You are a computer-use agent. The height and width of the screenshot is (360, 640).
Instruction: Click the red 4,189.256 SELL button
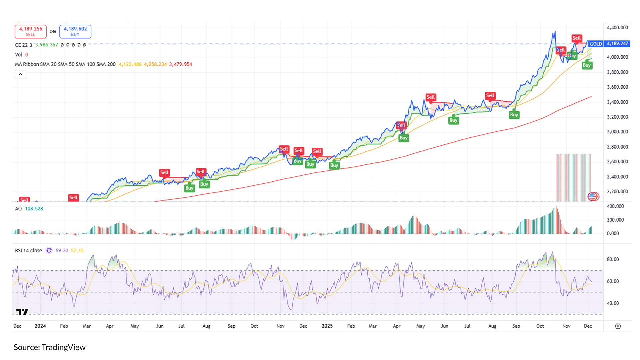[x=30, y=31]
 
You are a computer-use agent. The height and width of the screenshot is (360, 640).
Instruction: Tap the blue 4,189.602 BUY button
[x=75, y=31]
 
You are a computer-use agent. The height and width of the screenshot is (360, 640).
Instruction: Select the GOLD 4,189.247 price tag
[x=609, y=44]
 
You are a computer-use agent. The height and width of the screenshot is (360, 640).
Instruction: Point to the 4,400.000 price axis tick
[x=617, y=28]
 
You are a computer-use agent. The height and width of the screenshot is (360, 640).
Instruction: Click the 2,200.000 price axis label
[x=617, y=192]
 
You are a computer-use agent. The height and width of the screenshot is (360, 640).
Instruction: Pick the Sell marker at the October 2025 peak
[x=576, y=38]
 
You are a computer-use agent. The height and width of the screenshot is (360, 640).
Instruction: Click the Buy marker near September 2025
[x=514, y=115]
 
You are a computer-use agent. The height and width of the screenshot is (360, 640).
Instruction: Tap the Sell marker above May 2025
[x=431, y=97]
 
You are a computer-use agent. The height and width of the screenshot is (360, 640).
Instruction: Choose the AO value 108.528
[x=34, y=209]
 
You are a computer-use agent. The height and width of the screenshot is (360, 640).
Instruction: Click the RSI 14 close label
[x=28, y=250]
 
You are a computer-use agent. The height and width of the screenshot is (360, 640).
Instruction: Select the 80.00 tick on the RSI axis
[x=613, y=259]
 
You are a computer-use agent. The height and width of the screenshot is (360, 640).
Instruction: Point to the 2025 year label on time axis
[x=327, y=326]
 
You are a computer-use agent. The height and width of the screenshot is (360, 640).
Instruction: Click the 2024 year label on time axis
[x=40, y=326]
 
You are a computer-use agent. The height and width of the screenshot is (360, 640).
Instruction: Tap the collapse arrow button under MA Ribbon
[x=20, y=74]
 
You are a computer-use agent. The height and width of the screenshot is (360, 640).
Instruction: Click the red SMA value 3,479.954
[x=180, y=64]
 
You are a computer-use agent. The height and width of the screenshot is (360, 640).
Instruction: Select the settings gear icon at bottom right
[x=618, y=326]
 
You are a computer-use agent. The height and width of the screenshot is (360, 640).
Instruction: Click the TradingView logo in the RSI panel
[x=22, y=312]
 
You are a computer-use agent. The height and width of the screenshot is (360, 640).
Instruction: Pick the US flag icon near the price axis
[x=593, y=196]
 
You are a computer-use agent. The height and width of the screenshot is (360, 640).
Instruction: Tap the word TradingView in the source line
[x=63, y=347]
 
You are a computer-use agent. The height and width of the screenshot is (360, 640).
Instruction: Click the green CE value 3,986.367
[x=47, y=45]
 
